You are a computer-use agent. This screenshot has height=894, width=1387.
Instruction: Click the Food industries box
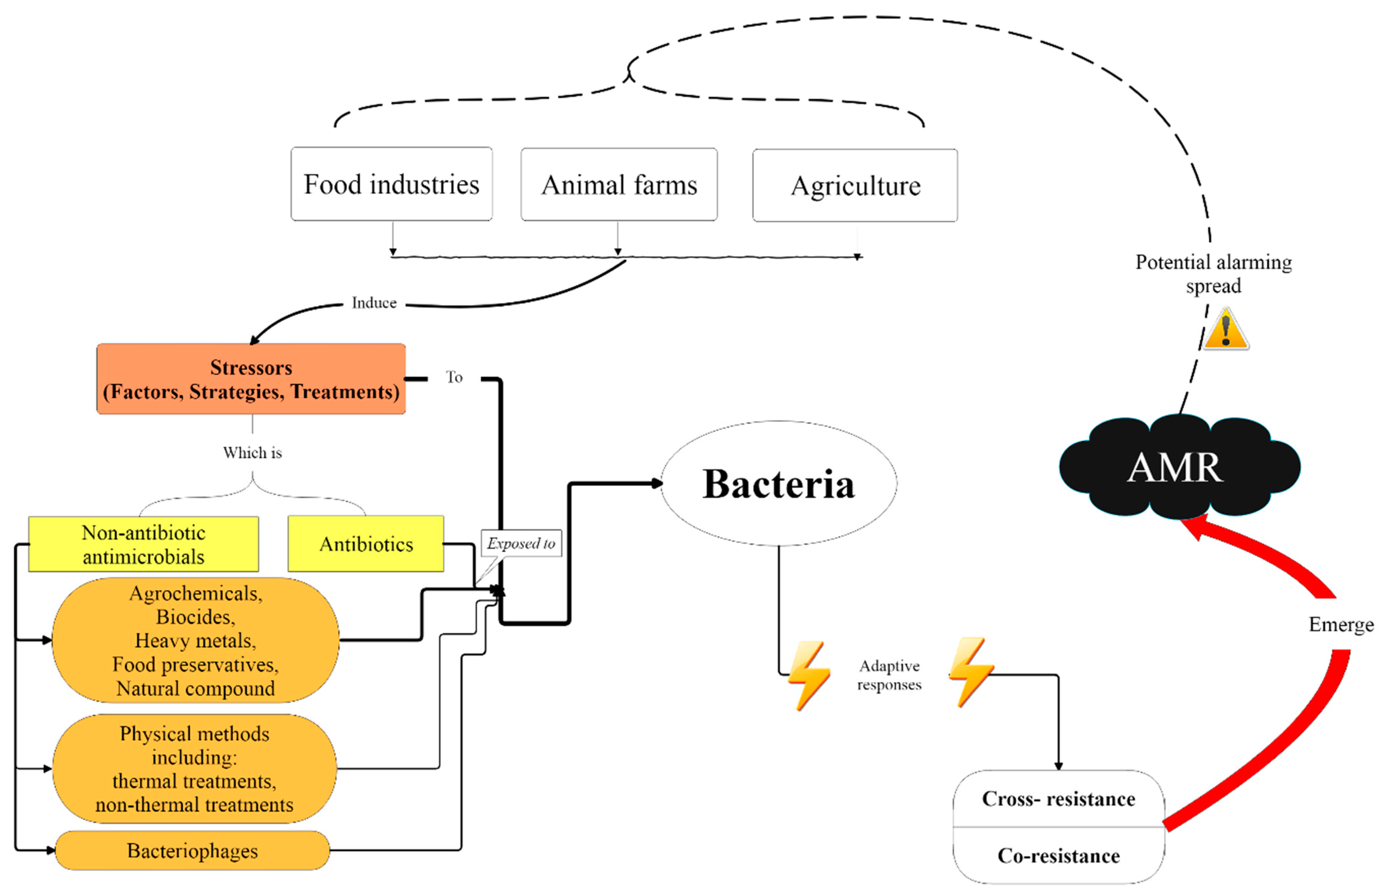coord(391,184)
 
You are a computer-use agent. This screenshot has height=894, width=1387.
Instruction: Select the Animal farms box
coord(619,185)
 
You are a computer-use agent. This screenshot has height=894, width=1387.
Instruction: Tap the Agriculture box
coord(855,186)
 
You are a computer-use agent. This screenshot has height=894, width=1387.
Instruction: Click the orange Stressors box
coord(251,379)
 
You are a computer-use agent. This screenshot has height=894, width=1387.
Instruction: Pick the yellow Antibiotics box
coord(366,544)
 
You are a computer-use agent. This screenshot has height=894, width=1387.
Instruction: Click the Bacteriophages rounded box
coord(192,851)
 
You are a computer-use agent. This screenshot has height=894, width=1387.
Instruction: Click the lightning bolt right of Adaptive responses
coord(971,672)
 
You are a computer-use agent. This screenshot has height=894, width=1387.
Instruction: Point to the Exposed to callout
coord(521,543)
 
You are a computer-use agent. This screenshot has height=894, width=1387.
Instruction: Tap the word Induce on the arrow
coord(374,303)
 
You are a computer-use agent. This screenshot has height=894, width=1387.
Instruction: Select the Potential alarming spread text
coord(1213,274)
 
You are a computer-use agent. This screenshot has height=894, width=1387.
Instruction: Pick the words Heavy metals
coord(195,640)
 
